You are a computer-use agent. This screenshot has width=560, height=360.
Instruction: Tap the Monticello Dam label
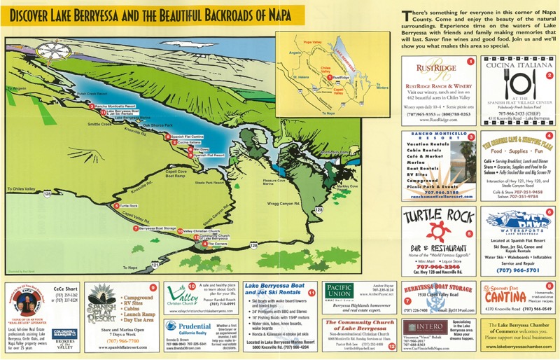pyautogui.click(x=333, y=151)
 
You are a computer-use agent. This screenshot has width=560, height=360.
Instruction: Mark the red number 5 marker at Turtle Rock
pyautogui.click(x=115, y=206)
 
